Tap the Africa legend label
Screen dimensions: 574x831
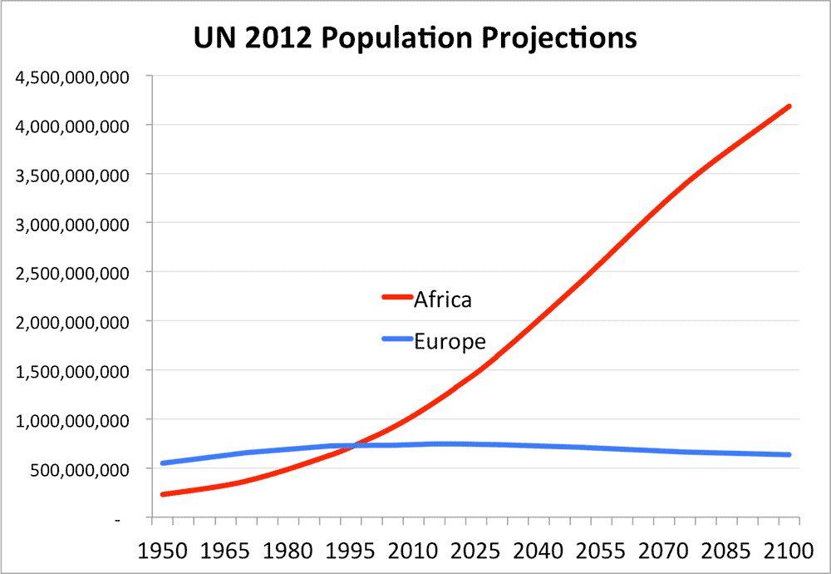point(443,299)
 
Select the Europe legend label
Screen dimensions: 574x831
point(450,342)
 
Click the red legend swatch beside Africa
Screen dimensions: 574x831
point(397,297)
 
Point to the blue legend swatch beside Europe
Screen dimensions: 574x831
point(397,339)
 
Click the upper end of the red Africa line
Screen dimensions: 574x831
point(788,106)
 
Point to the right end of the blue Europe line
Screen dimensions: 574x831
point(788,454)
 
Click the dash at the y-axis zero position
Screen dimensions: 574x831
point(119,519)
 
